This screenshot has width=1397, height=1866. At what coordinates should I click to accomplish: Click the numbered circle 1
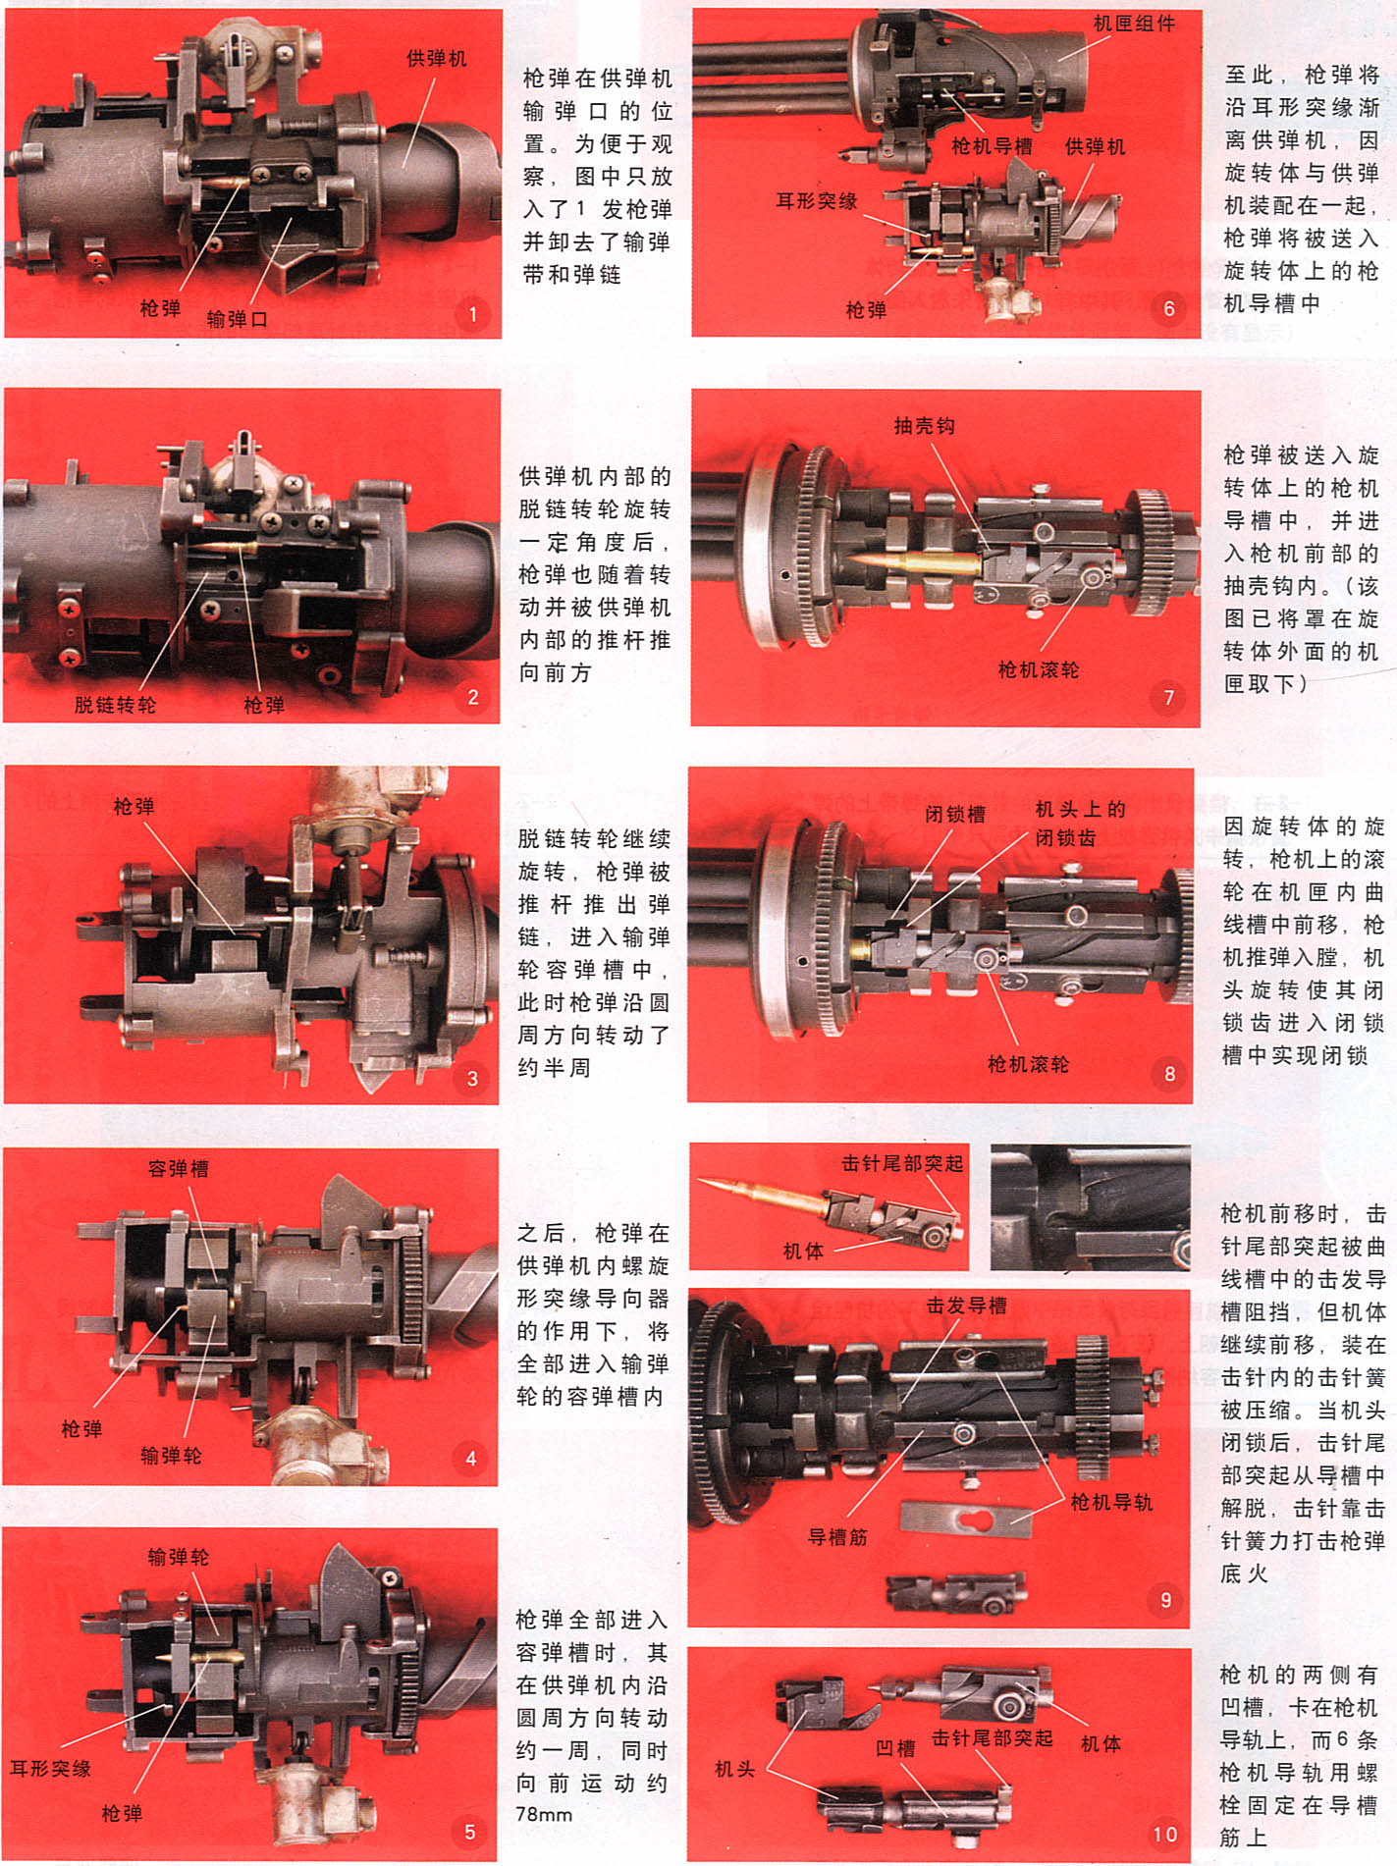(x=472, y=314)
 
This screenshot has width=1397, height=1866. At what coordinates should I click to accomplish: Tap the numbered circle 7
(x=1168, y=697)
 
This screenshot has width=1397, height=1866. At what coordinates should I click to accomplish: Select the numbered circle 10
(x=1164, y=1834)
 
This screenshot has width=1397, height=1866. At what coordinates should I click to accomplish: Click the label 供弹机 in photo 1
(x=437, y=59)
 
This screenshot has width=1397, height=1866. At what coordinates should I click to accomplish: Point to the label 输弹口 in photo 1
(x=237, y=319)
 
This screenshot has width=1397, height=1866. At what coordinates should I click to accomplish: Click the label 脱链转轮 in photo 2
(x=115, y=704)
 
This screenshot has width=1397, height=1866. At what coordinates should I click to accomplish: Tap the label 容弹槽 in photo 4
(x=178, y=1168)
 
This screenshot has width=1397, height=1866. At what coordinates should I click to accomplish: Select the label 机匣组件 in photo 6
(x=1134, y=23)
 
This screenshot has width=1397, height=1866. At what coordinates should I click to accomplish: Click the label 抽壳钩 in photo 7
(x=924, y=425)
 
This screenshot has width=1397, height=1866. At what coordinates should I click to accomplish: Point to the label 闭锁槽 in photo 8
(x=954, y=814)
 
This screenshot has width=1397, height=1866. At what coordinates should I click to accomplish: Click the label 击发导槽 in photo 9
(x=966, y=1305)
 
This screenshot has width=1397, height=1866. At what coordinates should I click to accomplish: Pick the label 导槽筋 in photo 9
(x=837, y=1536)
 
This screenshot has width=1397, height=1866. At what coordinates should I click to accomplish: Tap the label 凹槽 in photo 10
(x=895, y=1747)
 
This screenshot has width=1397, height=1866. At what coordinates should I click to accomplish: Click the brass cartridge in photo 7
(x=913, y=562)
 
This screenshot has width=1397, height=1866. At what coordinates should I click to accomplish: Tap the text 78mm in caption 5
(x=544, y=1814)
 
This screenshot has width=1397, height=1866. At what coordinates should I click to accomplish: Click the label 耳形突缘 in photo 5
(x=50, y=1768)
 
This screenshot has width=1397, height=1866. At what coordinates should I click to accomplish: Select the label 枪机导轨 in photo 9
(x=1111, y=1502)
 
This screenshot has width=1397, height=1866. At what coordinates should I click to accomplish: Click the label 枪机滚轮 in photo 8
(x=1028, y=1063)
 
